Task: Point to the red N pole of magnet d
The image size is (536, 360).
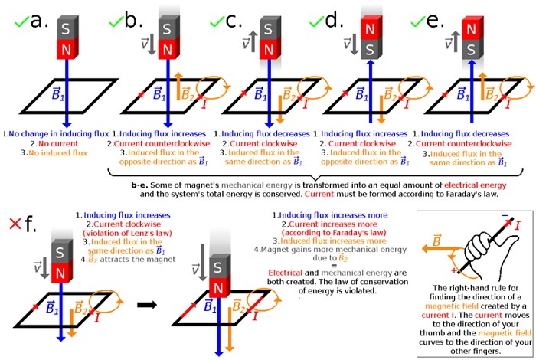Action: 369,28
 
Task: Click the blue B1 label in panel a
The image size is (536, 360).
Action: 57,97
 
